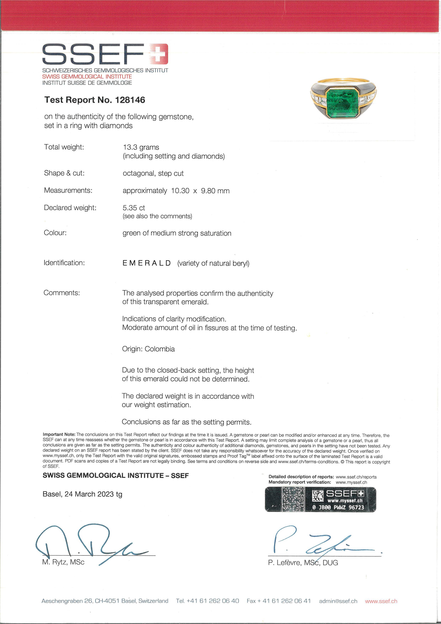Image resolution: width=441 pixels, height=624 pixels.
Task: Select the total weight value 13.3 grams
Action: tap(141, 147)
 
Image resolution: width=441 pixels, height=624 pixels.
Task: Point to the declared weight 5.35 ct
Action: tap(134, 208)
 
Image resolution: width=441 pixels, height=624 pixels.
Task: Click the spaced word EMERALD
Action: tap(147, 263)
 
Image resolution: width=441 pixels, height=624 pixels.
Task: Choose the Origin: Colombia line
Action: tap(148, 349)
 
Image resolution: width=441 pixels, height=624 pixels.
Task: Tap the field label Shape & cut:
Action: tap(64, 173)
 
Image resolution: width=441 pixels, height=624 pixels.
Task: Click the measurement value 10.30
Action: tap(180, 191)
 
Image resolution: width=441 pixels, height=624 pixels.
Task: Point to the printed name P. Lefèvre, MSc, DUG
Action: tap(303, 563)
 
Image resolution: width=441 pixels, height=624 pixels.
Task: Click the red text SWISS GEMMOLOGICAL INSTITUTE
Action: tap(87, 77)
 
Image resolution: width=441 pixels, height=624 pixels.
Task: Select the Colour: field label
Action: tap(55, 233)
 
